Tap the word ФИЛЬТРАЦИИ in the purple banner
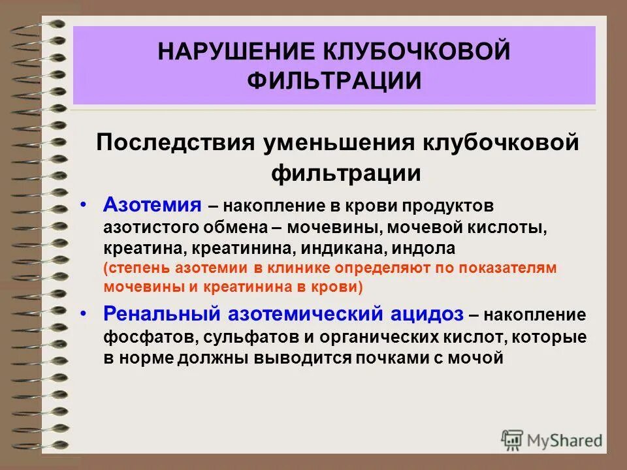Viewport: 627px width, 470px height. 334,82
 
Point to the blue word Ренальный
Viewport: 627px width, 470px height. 163,315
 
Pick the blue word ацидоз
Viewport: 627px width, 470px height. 426,315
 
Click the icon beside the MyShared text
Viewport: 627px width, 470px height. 513,439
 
